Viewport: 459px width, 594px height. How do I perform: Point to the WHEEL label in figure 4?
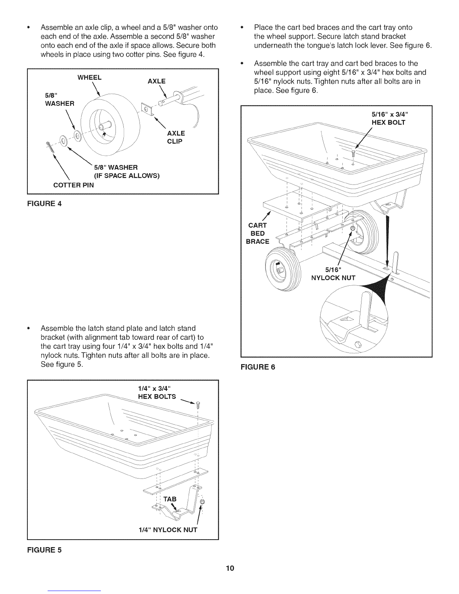coord(89,78)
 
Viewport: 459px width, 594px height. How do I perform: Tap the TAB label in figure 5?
coord(169,499)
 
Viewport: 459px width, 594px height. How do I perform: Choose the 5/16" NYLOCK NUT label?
coord(333,274)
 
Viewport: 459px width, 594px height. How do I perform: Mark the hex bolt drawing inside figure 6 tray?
coord(353,153)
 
